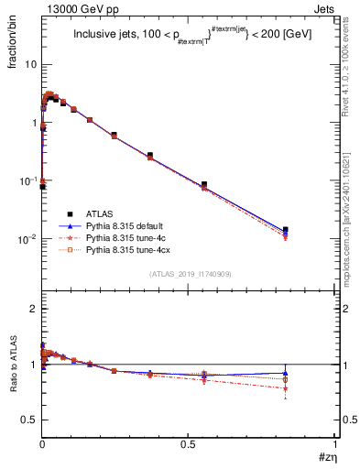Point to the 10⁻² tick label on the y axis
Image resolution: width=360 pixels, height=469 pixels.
(27, 239)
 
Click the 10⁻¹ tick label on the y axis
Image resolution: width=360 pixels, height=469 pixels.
(27, 181)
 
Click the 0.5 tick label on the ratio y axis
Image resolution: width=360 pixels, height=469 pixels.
(29, 420)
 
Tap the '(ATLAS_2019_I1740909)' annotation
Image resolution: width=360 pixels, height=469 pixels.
(190, 275)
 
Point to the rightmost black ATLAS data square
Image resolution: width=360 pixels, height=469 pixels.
(286, 230)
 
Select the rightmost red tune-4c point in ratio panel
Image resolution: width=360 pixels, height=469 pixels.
(286, 388)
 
